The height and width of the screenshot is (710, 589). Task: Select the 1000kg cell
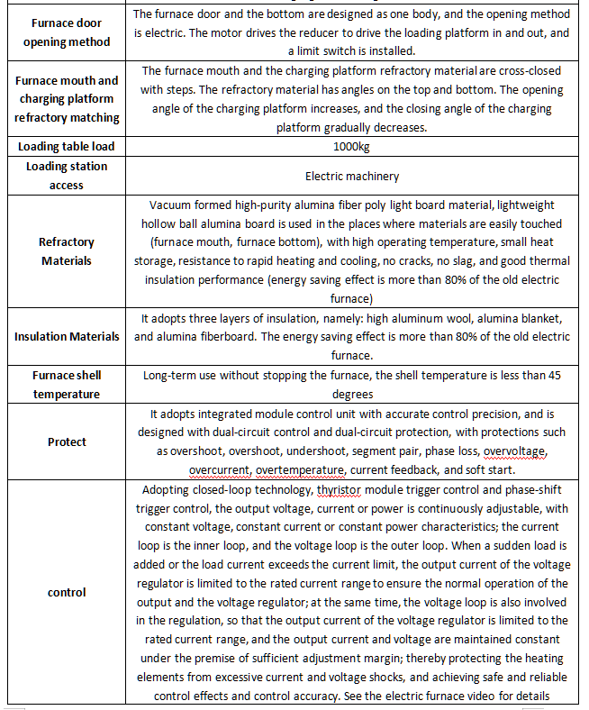[x=351, y=146]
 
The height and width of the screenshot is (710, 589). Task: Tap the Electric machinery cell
[x=351, y=176]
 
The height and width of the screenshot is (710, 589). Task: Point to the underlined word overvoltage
[x=514, y=451]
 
